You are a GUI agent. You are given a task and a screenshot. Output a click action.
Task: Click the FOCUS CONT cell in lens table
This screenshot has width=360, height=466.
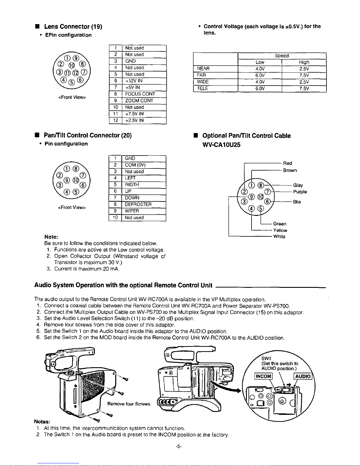140,94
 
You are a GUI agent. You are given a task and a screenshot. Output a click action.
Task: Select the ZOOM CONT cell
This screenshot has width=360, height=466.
139,101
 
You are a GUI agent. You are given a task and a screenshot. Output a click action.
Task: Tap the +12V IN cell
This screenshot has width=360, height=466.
134,81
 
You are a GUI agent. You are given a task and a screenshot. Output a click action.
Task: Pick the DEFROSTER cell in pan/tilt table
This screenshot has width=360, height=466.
138,204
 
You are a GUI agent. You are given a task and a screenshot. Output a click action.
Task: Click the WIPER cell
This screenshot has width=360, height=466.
132,211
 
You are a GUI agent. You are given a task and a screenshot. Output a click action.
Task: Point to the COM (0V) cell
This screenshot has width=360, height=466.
135,165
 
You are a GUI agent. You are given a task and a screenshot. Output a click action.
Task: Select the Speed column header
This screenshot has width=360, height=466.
282,56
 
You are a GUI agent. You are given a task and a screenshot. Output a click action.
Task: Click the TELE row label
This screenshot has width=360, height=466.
202,88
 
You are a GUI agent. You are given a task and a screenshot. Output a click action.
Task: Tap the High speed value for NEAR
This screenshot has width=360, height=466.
304,69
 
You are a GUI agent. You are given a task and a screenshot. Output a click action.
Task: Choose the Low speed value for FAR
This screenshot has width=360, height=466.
260,75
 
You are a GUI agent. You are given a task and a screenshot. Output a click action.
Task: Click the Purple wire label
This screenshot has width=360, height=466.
300,192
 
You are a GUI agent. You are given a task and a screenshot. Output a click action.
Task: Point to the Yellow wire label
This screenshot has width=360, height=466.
280,231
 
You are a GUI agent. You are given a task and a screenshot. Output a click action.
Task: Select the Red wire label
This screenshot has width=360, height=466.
287,163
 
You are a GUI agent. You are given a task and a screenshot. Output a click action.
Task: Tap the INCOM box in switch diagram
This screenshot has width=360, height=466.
264,376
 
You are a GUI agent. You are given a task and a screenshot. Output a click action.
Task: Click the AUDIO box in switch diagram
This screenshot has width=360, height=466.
303,376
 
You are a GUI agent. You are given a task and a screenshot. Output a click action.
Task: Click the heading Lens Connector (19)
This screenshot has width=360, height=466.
73,27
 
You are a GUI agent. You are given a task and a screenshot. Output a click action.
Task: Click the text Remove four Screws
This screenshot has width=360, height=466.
129,404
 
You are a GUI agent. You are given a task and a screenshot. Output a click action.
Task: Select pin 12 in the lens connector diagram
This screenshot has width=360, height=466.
76,72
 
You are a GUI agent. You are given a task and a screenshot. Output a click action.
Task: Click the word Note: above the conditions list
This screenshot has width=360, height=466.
51,237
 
